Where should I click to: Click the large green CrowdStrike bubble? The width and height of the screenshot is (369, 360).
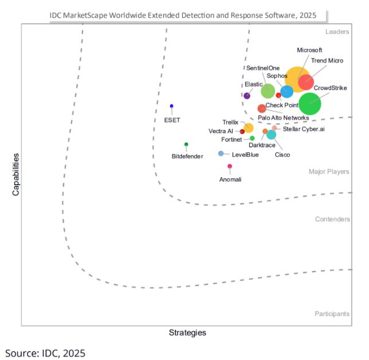pyautogui.click(x=310, y=104)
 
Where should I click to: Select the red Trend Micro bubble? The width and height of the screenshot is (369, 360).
pyautogui.click(x=305, y=82)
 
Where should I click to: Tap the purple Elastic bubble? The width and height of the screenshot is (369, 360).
pyautogui.click(x=247, y=96)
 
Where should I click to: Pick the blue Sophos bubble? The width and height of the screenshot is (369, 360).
pyautogui.click(x=287, y=91)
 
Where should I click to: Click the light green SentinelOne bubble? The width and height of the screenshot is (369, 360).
pyautogui.click(x=268, y=91)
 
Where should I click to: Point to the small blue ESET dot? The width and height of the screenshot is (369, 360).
pyautogui.click(x=171, y=106)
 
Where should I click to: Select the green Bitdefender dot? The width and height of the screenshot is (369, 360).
pyautogui.click(x=186, y=144)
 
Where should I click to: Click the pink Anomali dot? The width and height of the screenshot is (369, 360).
pyautogui.click(x=230, y=166)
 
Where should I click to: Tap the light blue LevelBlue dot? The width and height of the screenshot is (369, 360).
pyautogui.click(x=221, y=153)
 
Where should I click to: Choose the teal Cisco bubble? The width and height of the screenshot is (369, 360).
pyautogui.click(x=271, y=135)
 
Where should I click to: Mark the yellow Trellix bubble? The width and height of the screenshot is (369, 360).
pyautogui.click(x=249, y=128)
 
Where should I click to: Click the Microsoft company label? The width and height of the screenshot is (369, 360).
pyautogui.click(x=309, y=50)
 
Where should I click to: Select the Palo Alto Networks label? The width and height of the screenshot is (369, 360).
pyautogui.click(x=283, y=118)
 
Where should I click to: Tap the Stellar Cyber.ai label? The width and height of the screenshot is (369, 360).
pyautogui.click(x=304, y=130)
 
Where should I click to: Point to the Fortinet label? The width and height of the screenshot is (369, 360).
pyautogui.click(x=231, y=139)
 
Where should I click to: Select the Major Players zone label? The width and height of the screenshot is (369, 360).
pyautogui.click(x=329, y=171)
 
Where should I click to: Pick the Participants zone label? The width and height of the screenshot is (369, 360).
pyautogui.click(x=332, y=314)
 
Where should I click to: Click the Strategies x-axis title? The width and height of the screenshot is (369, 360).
pyautogui.click(x=187, y=332)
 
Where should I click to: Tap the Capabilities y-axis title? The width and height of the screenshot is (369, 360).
pyautogui.click(x=16, y=174)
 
